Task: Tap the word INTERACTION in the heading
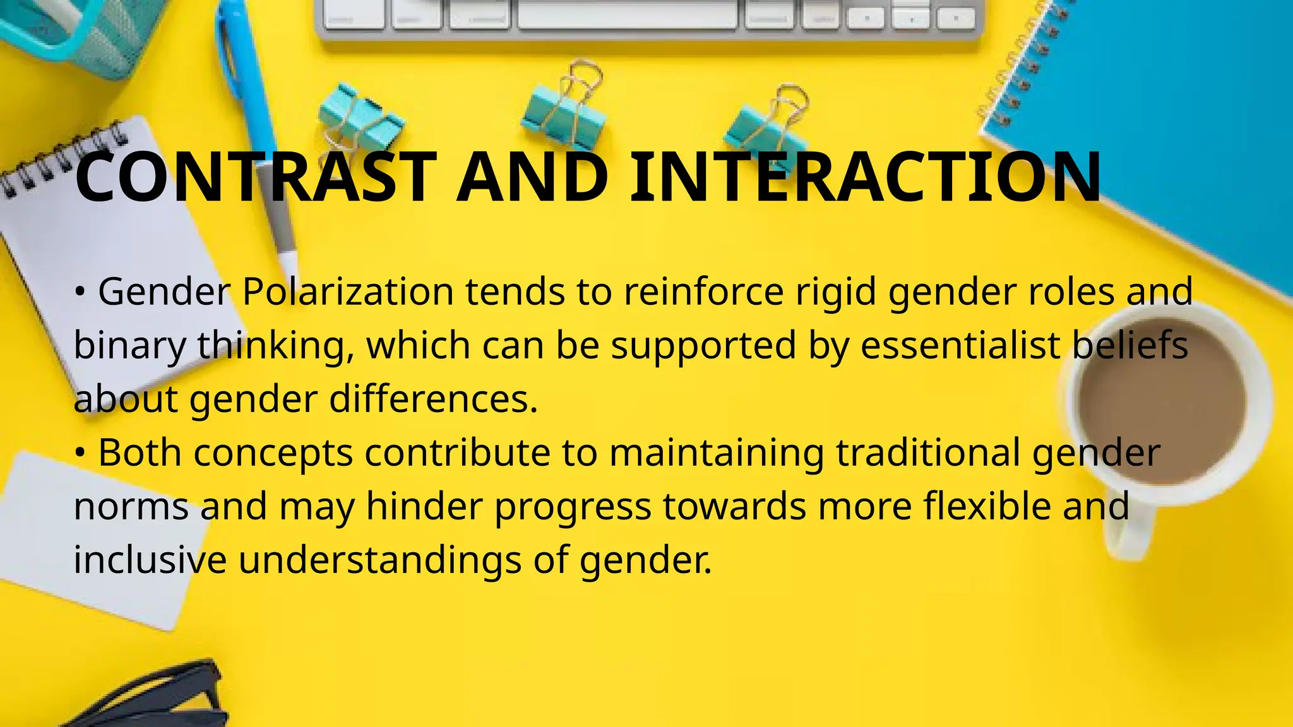pyautogui.click(x=865, y=178)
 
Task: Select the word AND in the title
pyautogui.click(x=532, y=178)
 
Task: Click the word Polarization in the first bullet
pyautogui.click(x=348, y=292)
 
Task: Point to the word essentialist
pyautogui.click(x=960, y=346)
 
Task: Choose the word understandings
pyautogui.click(x=379, y=560)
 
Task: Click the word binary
pyautogui.click(x=130, y=346)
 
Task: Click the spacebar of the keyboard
pyautogui.click(x=628, y=15)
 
